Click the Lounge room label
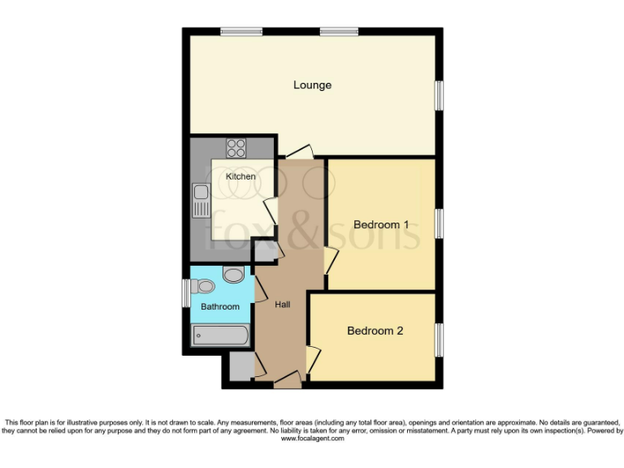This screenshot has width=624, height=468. click(312, 85)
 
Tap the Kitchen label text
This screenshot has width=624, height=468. click(240, 176)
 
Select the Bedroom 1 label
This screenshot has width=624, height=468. click(380, 224)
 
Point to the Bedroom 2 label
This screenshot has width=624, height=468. click(375, 331)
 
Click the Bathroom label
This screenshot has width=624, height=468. click(220, 306)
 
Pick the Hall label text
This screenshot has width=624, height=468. click(283, 304)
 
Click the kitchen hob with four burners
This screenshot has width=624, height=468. click(236, 148)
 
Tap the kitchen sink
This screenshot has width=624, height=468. click(201, 200)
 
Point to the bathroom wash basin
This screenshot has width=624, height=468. click(232, 275)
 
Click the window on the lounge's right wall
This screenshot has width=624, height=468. click(439, 95)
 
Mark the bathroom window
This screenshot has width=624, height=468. click(185, 292)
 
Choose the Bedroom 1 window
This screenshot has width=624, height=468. click(439, 223)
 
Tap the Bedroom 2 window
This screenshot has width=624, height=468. click(439, 339)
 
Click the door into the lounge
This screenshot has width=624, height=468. click(298, 152)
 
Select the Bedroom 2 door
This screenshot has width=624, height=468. click(313, 358)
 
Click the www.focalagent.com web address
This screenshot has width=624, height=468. click(312, 439)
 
